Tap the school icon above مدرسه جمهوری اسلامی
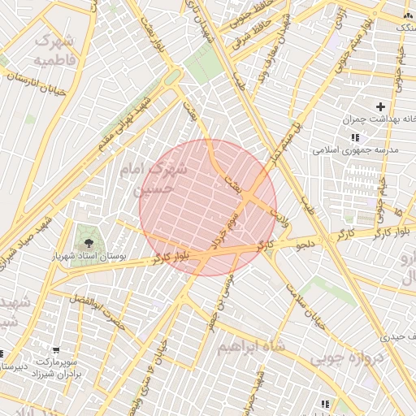pos(354,136)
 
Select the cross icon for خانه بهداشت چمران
pos(380,106)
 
